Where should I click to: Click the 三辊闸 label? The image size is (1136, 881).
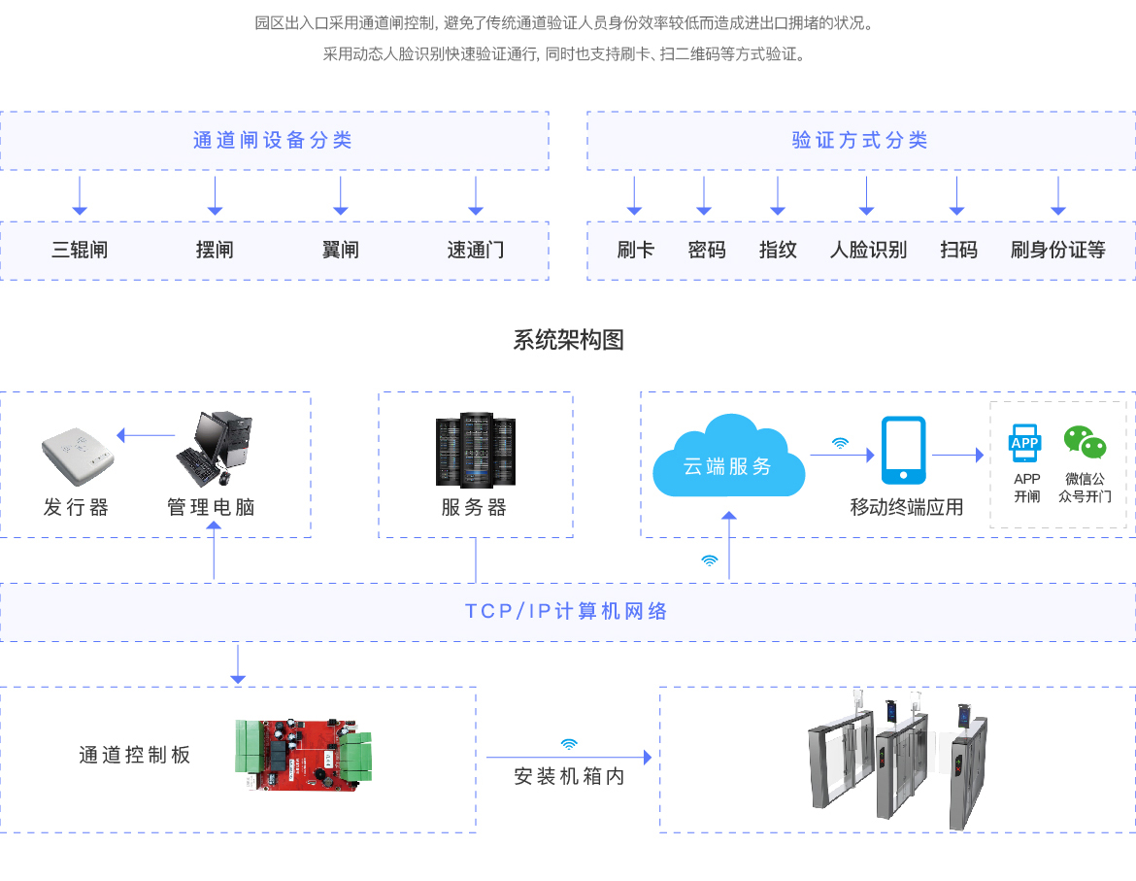tap(80, 251)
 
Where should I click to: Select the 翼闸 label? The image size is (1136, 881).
tap(340, 251)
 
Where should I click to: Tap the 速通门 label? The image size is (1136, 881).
tap(476, 251)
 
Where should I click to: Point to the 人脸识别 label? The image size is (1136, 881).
tap(868, 251)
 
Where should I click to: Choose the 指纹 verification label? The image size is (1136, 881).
tap(778, 251)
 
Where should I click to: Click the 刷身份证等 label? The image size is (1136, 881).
tap(1058, 251)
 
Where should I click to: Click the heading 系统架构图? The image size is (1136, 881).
tap(568, 340)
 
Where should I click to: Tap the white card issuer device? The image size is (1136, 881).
tap(78, 452)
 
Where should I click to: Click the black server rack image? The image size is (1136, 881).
tap(475, 450)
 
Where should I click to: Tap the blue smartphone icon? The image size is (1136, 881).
tap(903, 450)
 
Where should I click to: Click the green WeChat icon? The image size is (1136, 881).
tap(1085, 441)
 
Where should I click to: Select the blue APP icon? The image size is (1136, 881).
tap(1025, 442)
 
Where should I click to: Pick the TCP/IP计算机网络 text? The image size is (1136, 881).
tap(567, 612)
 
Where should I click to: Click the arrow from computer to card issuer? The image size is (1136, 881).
tap(145, 434)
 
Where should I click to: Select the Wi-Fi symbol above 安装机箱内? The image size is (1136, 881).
tap(569, 744)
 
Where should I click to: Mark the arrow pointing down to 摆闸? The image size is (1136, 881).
tap(216, 195)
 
